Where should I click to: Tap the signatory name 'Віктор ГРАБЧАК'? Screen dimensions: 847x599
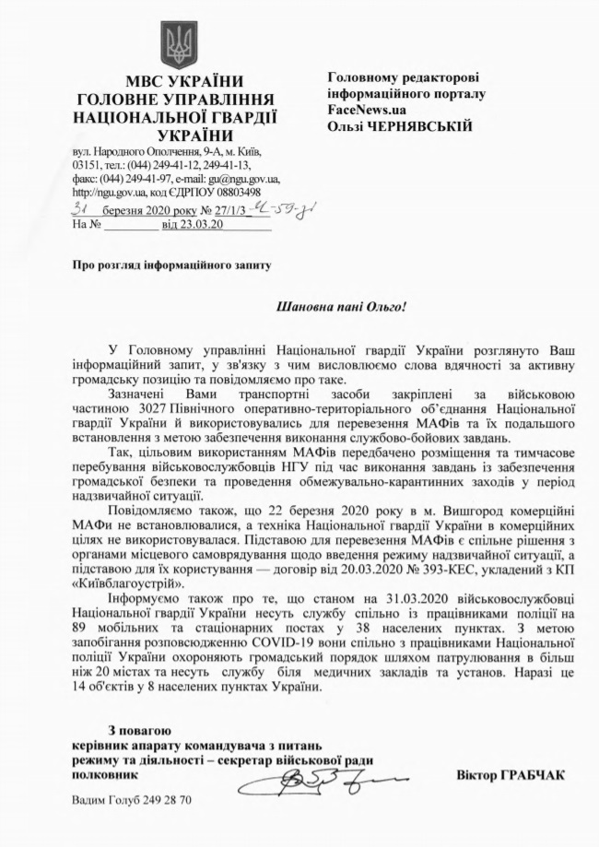click(x=510, y=774)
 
